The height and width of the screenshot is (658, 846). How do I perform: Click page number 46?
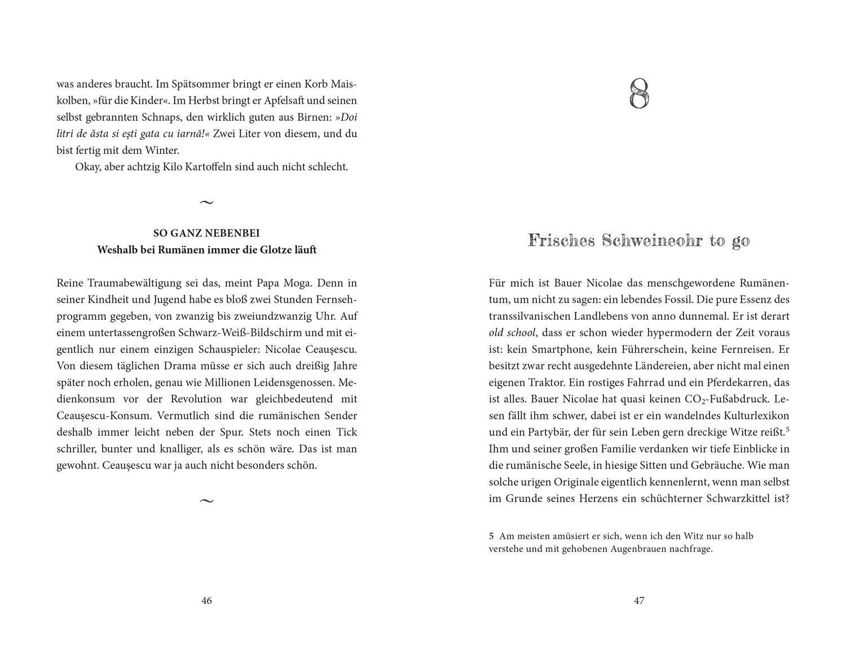tap(206, 600)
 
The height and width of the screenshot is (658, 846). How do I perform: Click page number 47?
tap(638, 600)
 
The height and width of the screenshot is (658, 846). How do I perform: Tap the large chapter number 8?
tap(638, 94)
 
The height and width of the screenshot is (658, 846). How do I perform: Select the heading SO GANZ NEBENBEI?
tap(206, 233)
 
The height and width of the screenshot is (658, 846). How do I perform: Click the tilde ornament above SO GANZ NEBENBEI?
tap(206, 202)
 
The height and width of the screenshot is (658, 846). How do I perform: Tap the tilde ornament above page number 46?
tap(206, 501)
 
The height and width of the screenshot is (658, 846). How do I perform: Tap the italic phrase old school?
tap(512, 333)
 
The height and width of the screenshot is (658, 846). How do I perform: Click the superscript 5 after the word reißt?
tap(787, 430)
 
